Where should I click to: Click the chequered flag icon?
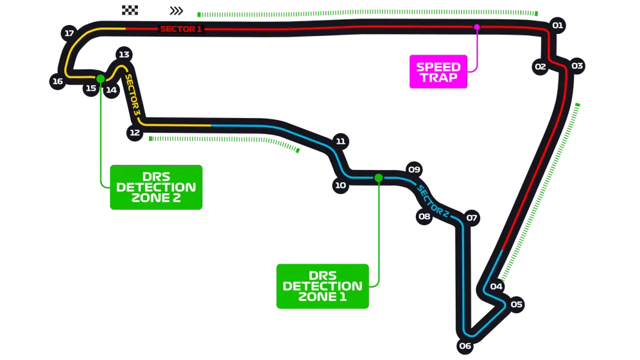pos(128,10)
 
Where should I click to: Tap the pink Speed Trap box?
pos(438,72)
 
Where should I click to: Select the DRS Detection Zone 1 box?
pos(322,286)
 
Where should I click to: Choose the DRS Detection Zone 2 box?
pos(156,187)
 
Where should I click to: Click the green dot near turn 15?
pos(100,78)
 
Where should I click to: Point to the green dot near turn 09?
pos(378,178)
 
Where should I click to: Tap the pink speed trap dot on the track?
pos(476,27)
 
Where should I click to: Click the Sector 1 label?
pos(180,29)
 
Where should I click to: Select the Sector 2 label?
pos(433,201)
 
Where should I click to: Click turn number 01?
pos(557,26)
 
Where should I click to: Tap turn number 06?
pos(465,347)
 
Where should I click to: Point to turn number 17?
pos(69,33)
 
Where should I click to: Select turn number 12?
pos(134,133)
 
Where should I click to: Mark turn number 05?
pos(517,304)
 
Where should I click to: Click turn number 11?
pos(340,141)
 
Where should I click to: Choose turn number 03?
pos(577,65)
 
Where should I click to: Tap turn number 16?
pos(58,81)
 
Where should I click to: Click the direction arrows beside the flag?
pos(177,10)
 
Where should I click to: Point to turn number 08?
pos(424,216)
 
